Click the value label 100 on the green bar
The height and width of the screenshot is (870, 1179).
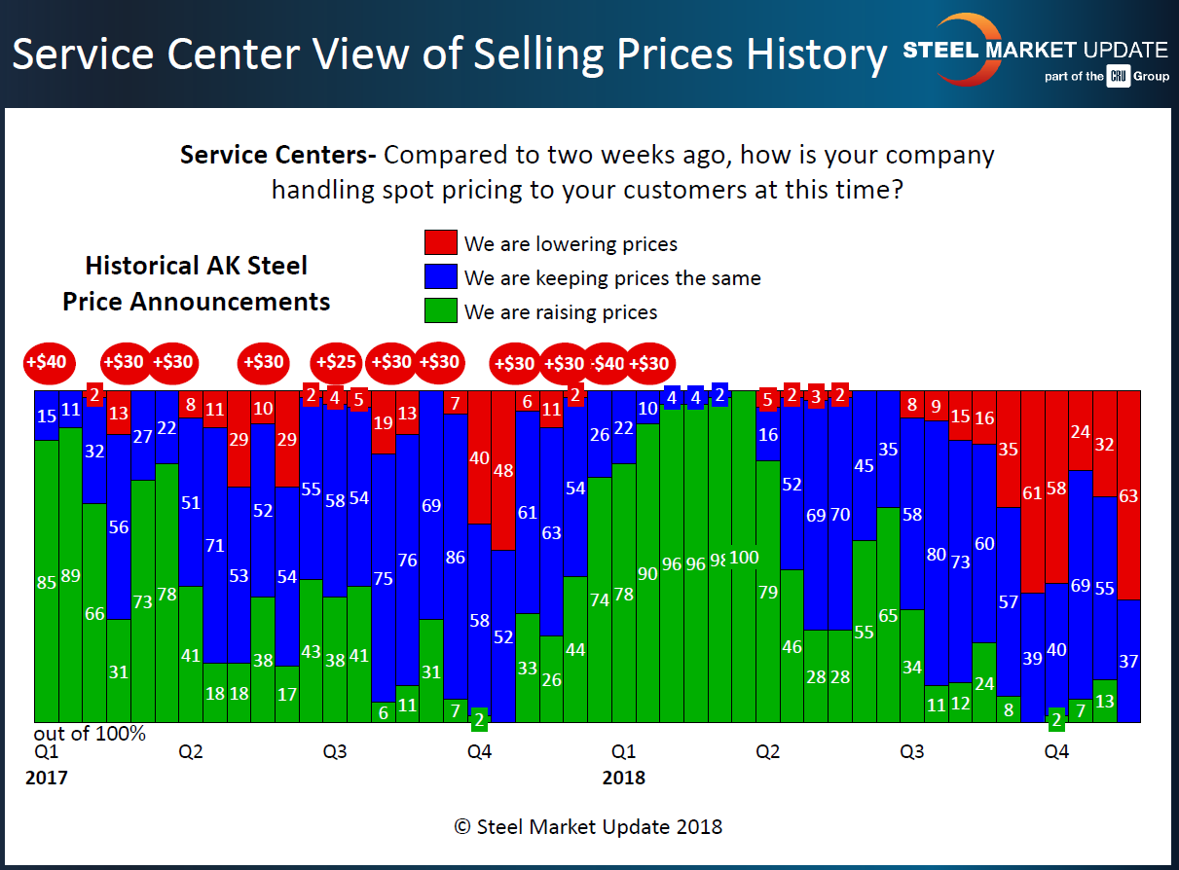pos(744,558)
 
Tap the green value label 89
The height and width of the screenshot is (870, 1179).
pos(70,575)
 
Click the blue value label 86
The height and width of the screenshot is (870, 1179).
pos(455,558)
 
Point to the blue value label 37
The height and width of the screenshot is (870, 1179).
pos(1128,661)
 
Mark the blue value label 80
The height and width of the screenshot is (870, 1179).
pos(937,555)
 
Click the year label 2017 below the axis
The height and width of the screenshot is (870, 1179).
pos(47,779)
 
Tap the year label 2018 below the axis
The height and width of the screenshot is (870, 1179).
pos(623,779)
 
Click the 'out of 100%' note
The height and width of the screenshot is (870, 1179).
pos(90,734)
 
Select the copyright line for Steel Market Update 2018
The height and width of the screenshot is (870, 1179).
pos(588,827)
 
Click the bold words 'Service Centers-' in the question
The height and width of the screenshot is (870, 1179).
pos(279,156)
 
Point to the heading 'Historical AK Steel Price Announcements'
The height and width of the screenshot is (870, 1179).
pos(196,283)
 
